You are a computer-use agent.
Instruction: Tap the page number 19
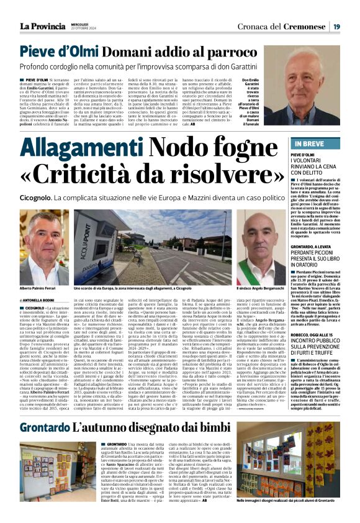click(x=336, y=26)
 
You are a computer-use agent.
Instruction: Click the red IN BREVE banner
click(x=305, y=143)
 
